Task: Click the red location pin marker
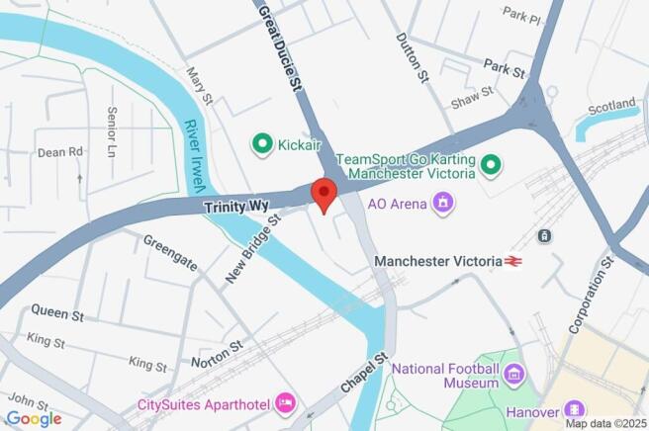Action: [x=324, y=192]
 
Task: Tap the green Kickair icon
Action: [x=263, y=145]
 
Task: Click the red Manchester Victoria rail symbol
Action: [x=512, y=261]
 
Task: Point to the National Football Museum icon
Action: [x=512, y=374]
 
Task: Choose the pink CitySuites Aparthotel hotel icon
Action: [x=286, y=401]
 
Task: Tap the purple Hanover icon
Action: [x=574, y=408]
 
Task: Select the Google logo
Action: [x=34, y=418]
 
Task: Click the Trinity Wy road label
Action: [x=235, y=207]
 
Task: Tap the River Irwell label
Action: [x=196, y=157]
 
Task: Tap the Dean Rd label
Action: [x=60, y=152]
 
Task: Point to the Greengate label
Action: [x=170, y=252]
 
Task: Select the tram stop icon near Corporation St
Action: [x=543, y=235]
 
